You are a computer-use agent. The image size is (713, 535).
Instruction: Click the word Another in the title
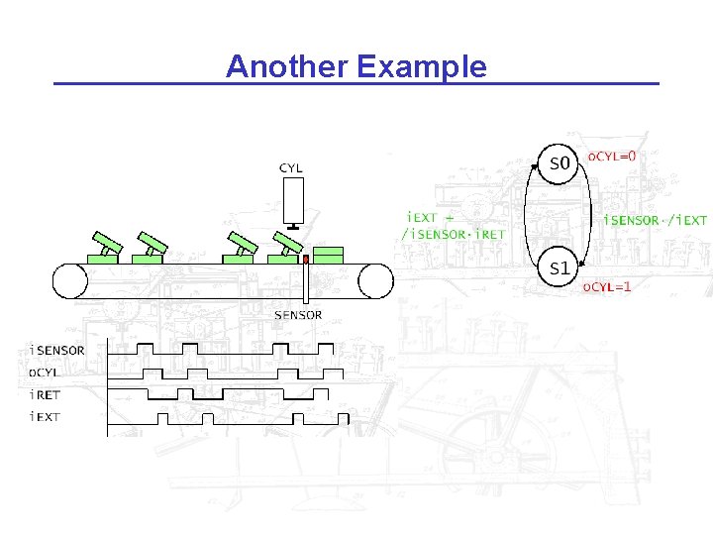pyautogui.click(x=286, y=66)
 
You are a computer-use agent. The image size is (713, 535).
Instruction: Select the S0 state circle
pyautogui.click(x=560, y=163)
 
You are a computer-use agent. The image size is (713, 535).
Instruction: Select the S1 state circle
pyautogui.click(x=560, y=267)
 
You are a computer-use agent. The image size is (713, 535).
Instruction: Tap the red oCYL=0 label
pyautogui.click(x=613, y=157)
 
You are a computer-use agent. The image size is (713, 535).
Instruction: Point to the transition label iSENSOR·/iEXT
pyautogui.click(x=656, y=220)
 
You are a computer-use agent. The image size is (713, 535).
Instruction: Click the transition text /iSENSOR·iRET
pyautogui.click(x=453, y=234)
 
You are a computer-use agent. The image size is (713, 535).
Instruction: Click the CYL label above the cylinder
pyautogui.click(x=291, y=168)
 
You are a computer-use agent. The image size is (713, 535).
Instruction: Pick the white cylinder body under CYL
pyautogui.click(x=292, y=201)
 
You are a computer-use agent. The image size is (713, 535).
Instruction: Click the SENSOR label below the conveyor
pyautogui.click(x=298, y=315)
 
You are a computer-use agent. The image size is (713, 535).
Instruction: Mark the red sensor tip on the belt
pyautogui.click(x=306, y=260)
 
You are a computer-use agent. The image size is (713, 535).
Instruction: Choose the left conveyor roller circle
pyautogui.click(x=70, y=280)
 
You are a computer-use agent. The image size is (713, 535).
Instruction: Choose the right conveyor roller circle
pyautogui.click(x=376, y=280)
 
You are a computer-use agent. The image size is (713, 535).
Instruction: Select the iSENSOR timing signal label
pyautogui.click(x=57, y=350)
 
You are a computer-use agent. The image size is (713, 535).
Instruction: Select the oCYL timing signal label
pyautogui.click(x=45, y=372)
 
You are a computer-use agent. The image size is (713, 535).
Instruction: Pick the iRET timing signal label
pyautogui.click(x=45, y=394)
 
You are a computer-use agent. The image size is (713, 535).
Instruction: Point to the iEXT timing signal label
pyautogui.click(x=45, y=416)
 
